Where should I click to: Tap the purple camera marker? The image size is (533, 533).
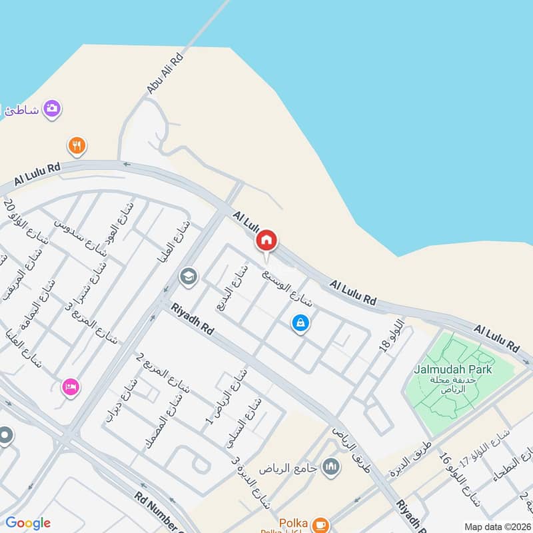[x=52, y=109]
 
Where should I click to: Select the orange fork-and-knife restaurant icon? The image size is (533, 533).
[x=77, y=145]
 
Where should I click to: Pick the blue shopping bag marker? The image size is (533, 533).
[x=301, y=323]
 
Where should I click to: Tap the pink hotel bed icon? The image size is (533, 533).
[x=70, y=386]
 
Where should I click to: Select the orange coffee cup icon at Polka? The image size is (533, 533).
[x=320, y=524]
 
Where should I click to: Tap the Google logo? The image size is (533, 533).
[x=28, y=523]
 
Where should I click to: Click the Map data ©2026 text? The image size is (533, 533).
[x=498, y=526]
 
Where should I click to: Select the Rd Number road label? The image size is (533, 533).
[x=161, y=513]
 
